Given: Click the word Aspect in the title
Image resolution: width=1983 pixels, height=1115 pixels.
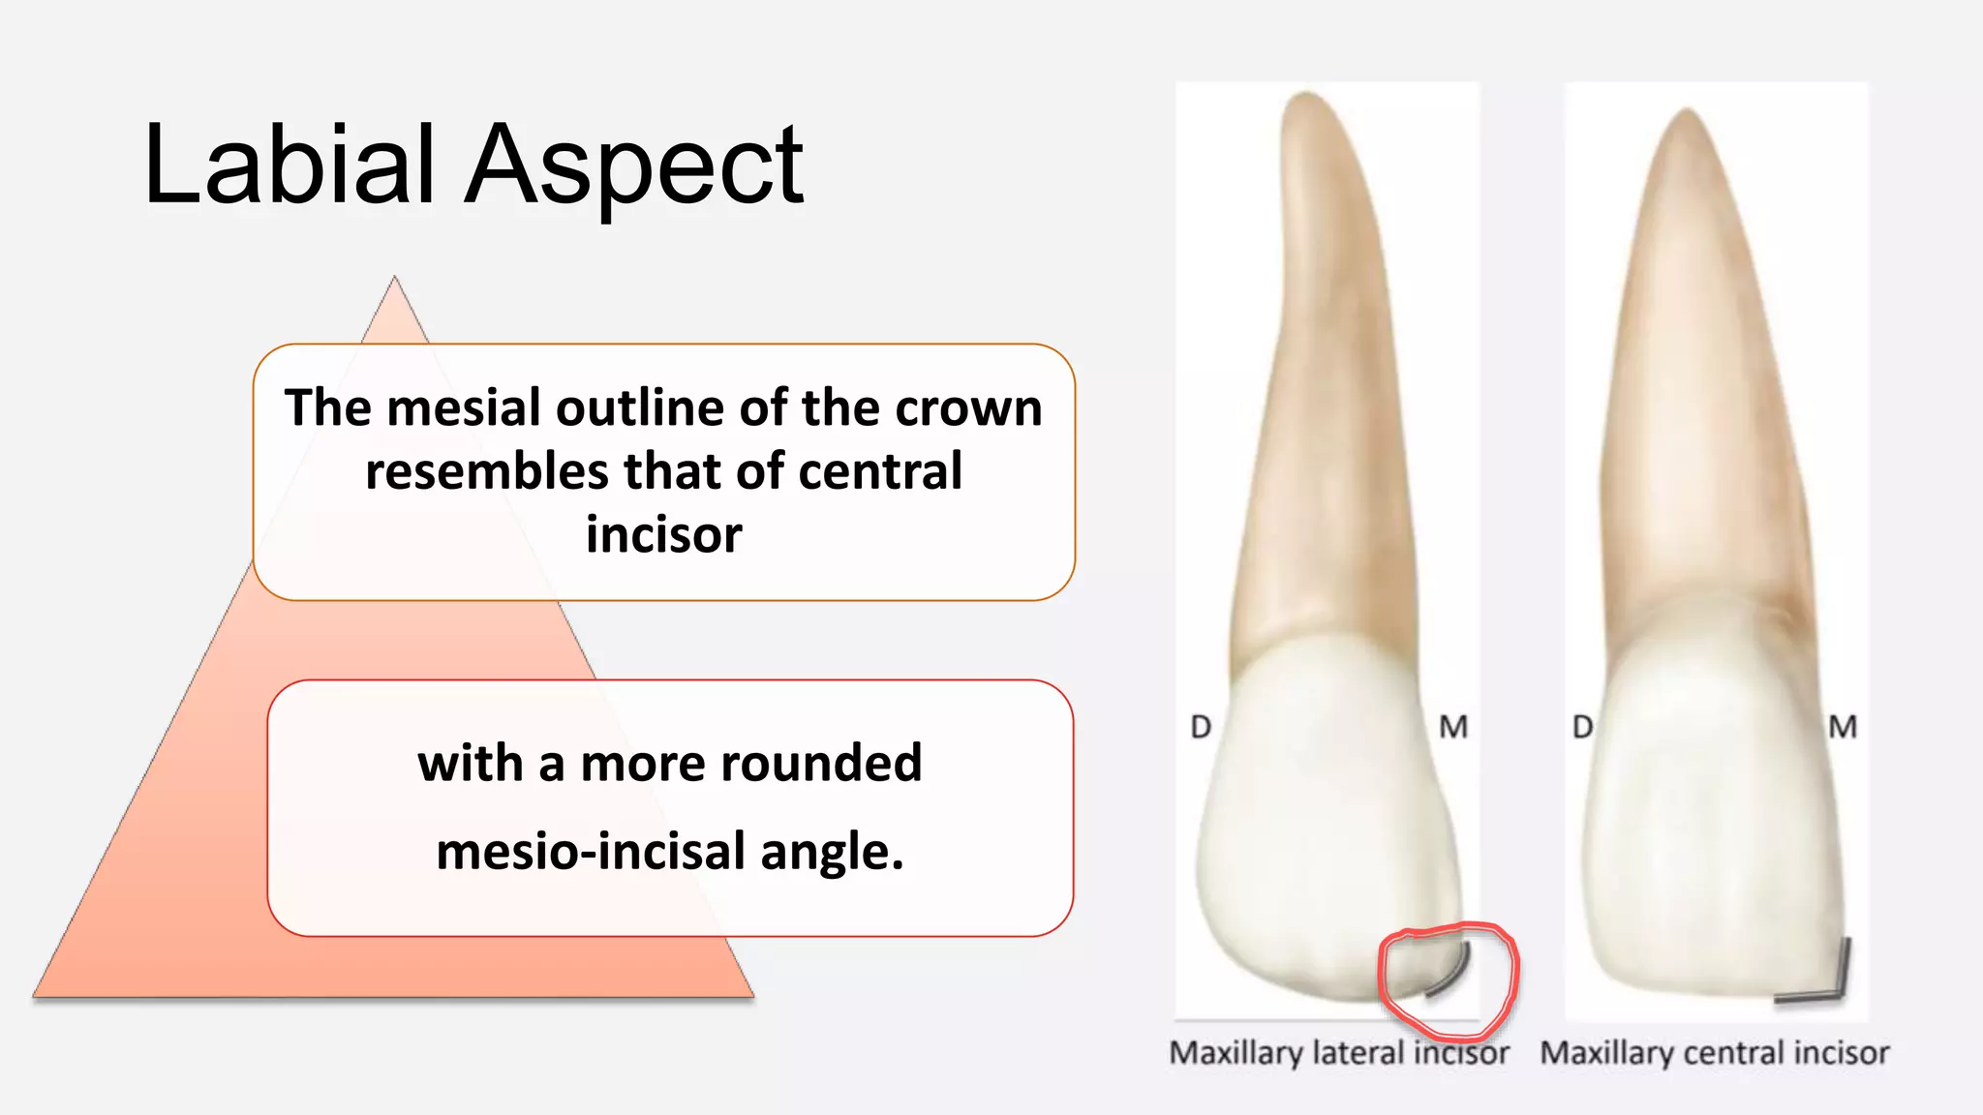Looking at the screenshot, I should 633,166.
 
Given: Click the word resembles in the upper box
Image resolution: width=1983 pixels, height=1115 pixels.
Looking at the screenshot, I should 487,471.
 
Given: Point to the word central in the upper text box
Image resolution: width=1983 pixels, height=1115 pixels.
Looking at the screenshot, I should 880,471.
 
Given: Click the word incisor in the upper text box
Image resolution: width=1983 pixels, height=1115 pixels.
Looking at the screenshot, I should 664,534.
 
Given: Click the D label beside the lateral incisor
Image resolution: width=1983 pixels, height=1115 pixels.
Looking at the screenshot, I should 1201,727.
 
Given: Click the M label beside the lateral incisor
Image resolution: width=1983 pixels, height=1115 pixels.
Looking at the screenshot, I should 1452,727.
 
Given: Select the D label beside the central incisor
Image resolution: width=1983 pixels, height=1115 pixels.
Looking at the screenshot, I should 1582,727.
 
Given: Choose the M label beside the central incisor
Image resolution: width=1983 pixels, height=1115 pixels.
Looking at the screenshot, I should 1842,727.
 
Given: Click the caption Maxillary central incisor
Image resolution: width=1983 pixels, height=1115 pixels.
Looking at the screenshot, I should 1714,1052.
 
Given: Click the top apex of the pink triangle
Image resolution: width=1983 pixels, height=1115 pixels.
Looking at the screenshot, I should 394,280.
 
